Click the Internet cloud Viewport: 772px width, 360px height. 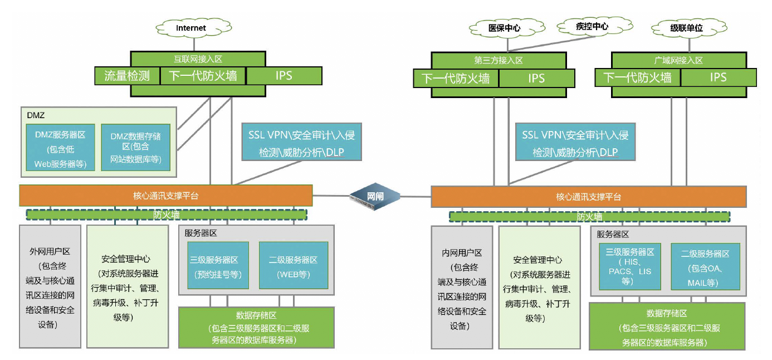(190, 27)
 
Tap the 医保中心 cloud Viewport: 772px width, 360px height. (504, 28)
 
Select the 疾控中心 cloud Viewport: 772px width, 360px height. (591, 26)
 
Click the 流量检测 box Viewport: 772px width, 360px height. (127, 76)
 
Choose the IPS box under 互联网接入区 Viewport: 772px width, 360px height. (284, 76)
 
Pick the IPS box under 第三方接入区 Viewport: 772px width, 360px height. (536, 79)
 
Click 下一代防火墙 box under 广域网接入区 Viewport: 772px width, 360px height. (637, 77)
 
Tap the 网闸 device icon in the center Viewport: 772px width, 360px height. (374, 196)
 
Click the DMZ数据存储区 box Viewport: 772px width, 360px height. (135, 147)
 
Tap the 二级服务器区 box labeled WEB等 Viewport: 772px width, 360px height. (293, 266)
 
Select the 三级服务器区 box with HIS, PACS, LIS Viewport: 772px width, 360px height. (629, 266)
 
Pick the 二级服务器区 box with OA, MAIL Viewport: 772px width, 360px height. (705, 266)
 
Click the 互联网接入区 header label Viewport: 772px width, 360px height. (198, 58)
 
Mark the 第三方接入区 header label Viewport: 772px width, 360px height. (498, 60)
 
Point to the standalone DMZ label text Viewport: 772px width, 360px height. (35, 115)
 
